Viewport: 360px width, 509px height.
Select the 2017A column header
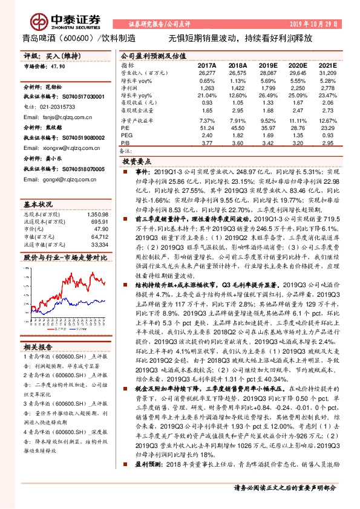[x=206, y=64]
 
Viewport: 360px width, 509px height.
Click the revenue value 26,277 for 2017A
[x=206, y=73]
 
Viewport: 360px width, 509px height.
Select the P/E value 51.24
[x=207, y=128]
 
